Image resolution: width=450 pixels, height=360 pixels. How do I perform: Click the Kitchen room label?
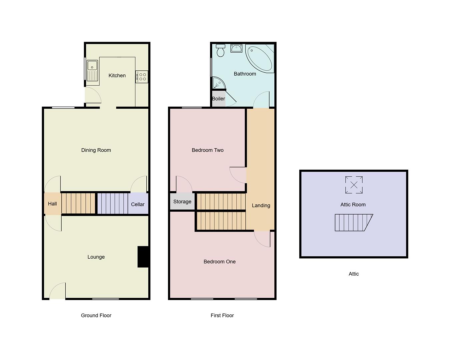click(x=117, y=76)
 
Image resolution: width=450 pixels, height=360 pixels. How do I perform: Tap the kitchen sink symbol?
click(x=92, y=70)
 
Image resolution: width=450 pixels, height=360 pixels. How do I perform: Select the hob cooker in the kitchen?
click(x=142, y=77)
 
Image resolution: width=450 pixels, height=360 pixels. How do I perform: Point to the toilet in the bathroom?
click(x=220, y=50)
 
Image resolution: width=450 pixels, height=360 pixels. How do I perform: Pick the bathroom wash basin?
click(x=236, y=48)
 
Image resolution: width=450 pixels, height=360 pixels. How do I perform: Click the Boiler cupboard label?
click(x=218, y=99)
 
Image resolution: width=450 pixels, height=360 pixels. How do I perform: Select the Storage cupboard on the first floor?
click(x=182, y=202)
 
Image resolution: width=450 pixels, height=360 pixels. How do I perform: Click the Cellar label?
click(x=138, y=204)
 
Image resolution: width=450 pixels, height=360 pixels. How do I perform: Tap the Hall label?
click(x=52, y=204)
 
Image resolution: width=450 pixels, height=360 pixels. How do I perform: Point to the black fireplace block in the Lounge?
click(x=143, y=257)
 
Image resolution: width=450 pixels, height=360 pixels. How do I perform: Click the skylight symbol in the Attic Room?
click(x=354, y=185)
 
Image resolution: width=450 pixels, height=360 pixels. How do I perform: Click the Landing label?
click(x=261, y=206)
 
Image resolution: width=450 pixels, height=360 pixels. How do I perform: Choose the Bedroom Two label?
click(x=208, y=150)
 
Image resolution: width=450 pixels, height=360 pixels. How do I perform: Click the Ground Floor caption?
click(x=96, y=315)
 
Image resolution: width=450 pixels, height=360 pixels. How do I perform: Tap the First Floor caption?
click(x=222, y=315)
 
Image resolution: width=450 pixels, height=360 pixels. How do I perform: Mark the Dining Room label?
click(x=96, y=150)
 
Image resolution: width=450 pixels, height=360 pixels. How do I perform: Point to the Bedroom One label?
click(x=220, y=262)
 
